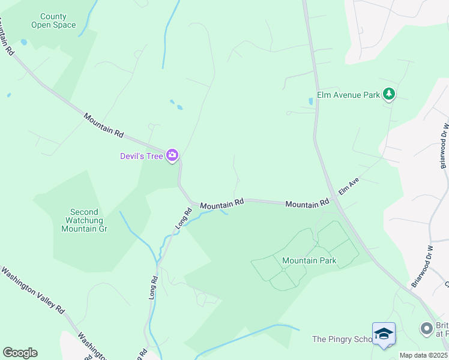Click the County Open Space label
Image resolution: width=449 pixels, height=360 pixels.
click(53, 21)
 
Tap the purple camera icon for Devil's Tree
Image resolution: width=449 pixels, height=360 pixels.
click(173, 155)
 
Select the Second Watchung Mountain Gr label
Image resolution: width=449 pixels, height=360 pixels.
click(84, 220)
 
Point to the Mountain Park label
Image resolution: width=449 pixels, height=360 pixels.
click(309, 261)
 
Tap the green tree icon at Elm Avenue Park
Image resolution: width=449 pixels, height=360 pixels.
click(389, 94)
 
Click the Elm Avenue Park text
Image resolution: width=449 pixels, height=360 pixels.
click(348, 95)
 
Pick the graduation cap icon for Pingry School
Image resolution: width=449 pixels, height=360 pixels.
click(383, 334)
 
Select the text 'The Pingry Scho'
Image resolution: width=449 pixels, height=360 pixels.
click(342, 339)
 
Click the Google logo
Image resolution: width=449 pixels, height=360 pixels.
click(20, 352)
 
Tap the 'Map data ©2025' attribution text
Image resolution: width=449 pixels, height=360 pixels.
click(423, 355)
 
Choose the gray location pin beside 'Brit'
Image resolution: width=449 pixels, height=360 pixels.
click(426, 328)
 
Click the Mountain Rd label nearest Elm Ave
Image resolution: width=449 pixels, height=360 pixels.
click(307, 204)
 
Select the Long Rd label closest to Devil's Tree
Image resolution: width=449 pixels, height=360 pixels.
click(184, 217)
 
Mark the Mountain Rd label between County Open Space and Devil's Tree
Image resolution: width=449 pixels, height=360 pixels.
click(103, 124)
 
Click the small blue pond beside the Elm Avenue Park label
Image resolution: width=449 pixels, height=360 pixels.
click(310, 102)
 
